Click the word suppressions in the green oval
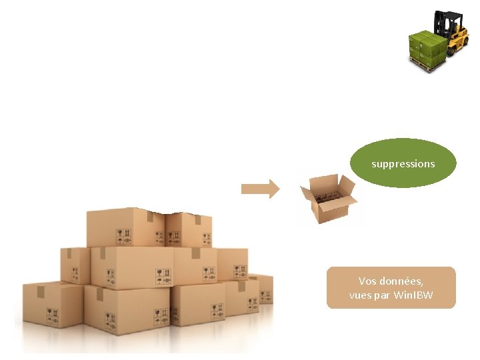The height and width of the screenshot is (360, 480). click(x=403, y=163)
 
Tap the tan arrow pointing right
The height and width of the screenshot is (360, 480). click(x=260, y=189)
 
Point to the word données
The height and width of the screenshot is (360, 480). click(x=404, y=281)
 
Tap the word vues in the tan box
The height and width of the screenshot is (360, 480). click(x=360, y=295)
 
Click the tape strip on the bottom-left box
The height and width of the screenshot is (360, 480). click(x=41, y=291)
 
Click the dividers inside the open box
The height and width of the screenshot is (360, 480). click(x=326, y=197)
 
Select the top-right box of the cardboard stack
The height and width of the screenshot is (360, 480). click(x=188, y=230)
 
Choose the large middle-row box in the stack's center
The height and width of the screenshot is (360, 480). click(x=133, y=267)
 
